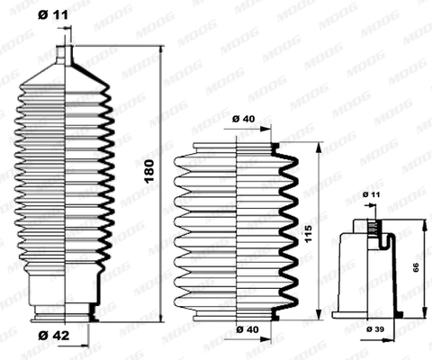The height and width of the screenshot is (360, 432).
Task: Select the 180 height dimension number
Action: [149, 170]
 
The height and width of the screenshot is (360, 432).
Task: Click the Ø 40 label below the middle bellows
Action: [243, 328]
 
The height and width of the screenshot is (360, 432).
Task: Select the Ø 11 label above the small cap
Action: [371, 194]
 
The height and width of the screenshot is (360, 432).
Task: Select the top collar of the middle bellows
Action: [237, 144]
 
